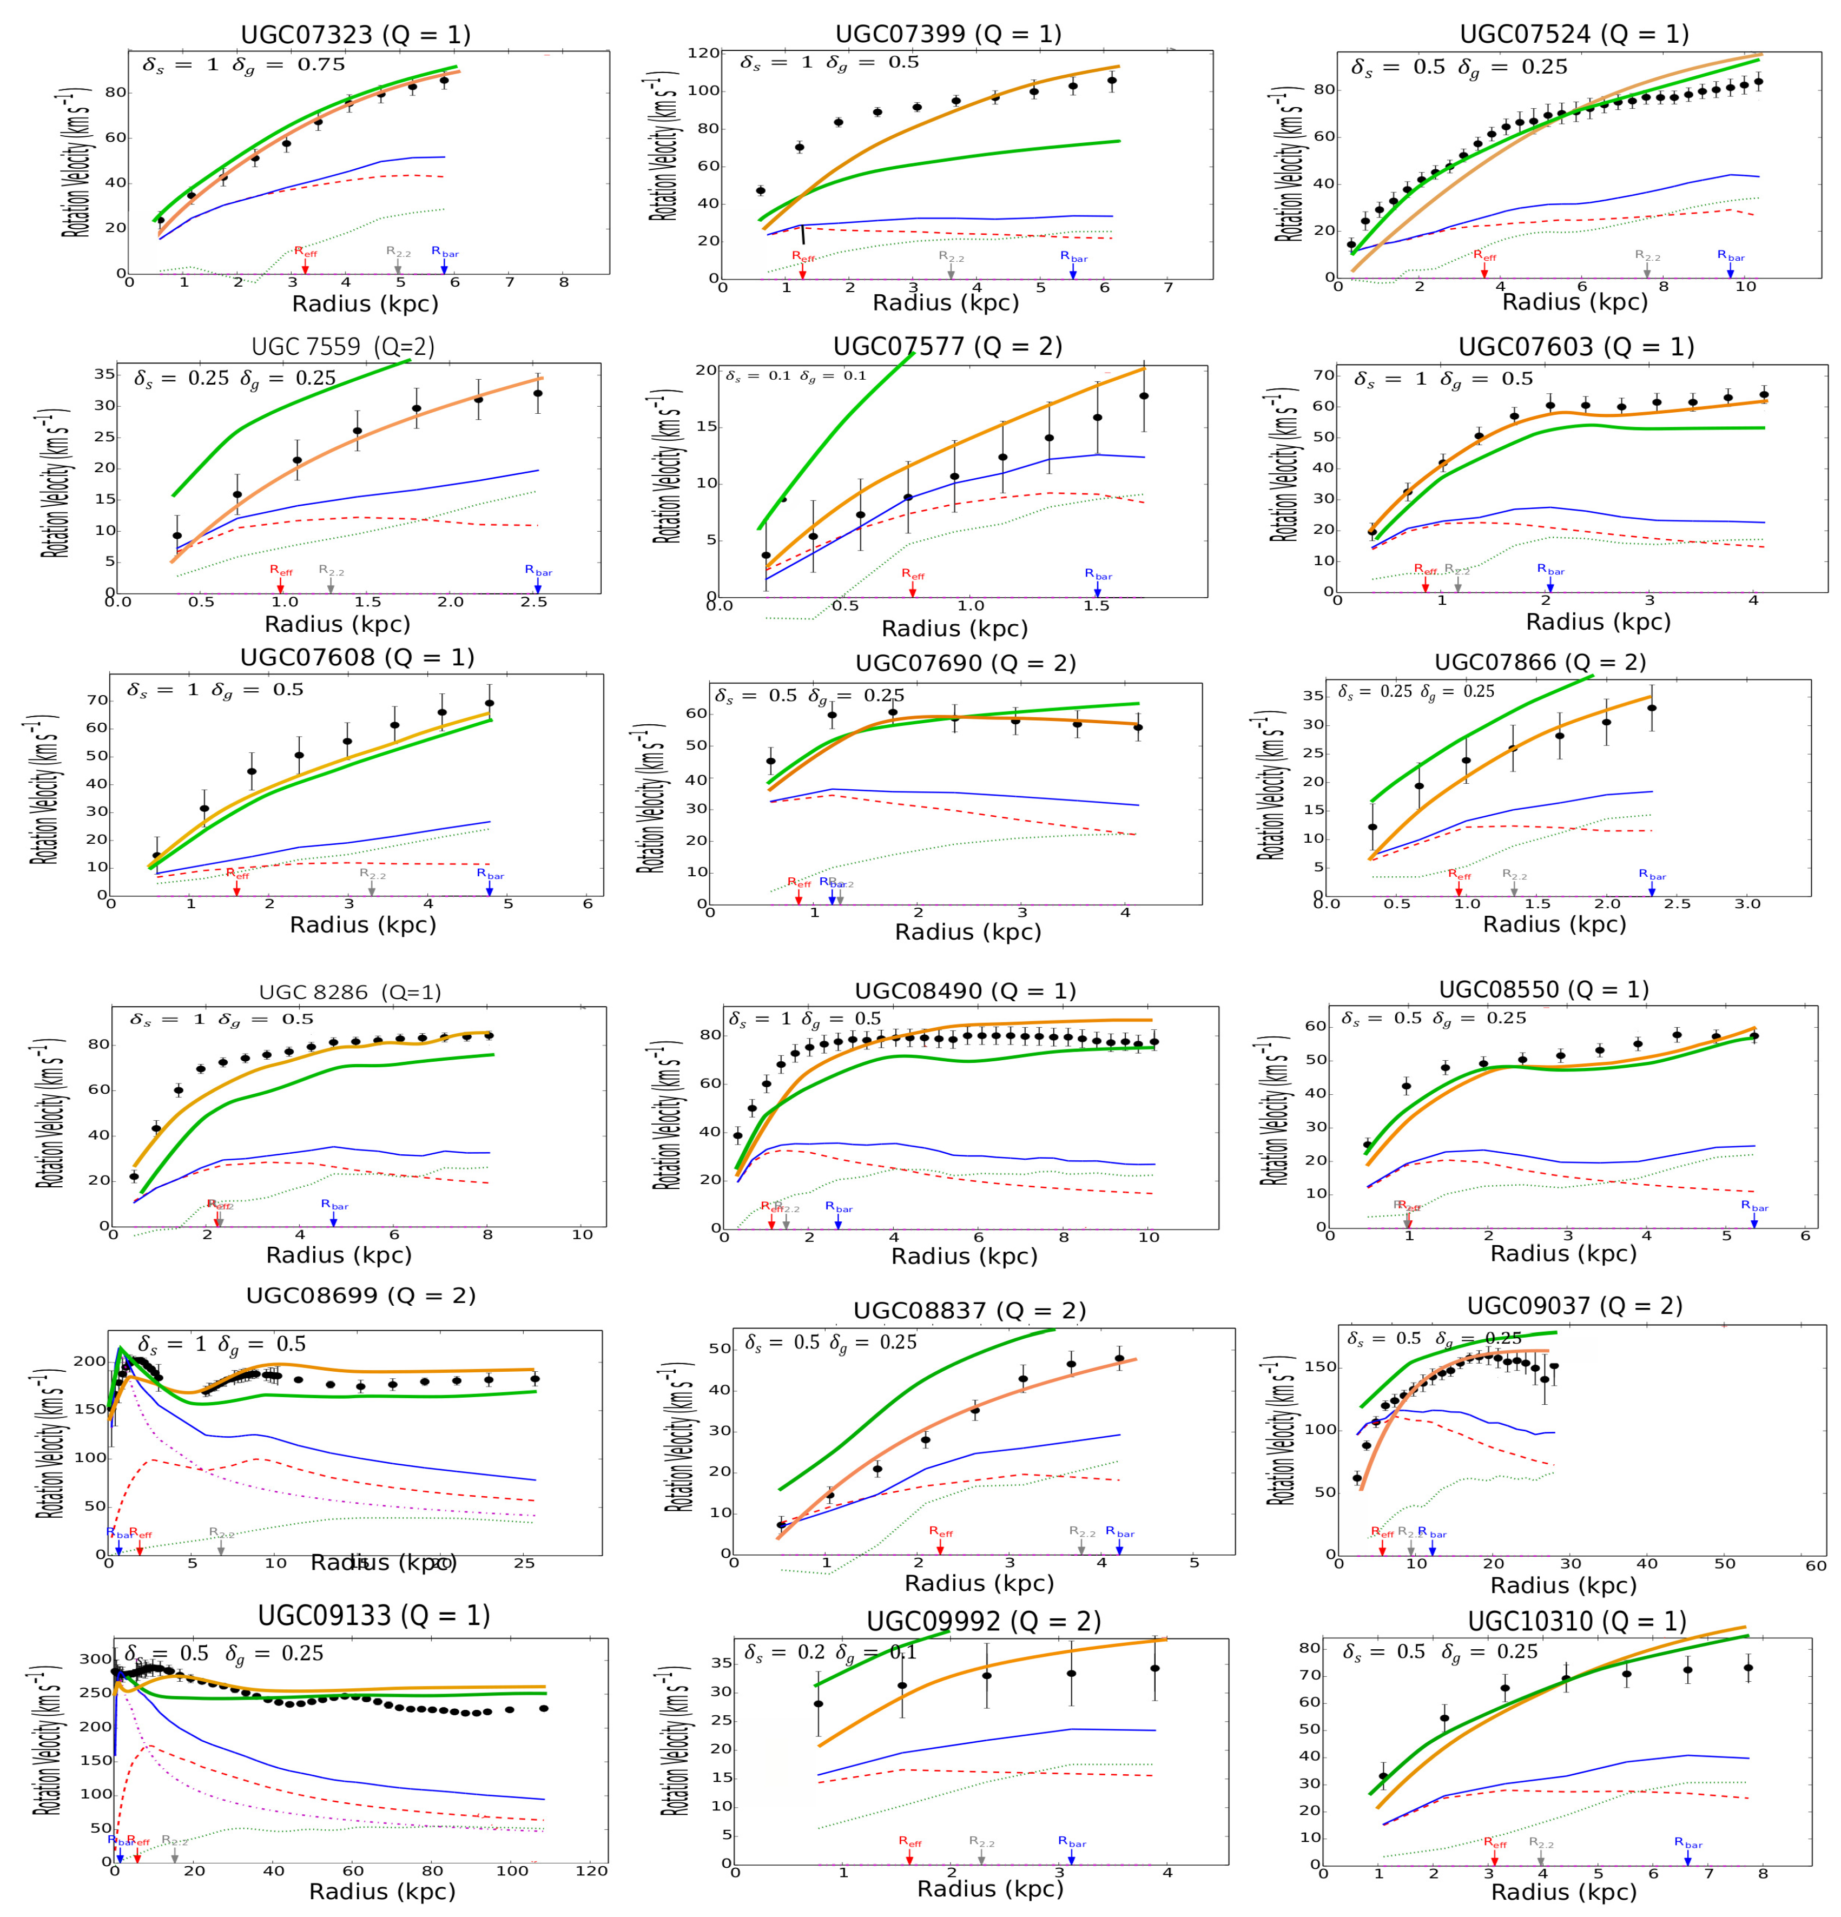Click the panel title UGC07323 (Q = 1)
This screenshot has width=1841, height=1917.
click(x=356, y=35)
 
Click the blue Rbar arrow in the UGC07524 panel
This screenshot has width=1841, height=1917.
click(x=1730, y=269)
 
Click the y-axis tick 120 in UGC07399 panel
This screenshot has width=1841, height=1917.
click(x=702, y=53)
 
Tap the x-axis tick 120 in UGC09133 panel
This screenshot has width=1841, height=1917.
click(x=591, y=1870)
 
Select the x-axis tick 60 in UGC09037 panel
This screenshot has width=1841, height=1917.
click(x=1814, y=1565)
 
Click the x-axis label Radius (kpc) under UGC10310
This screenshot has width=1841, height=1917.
click(x=1562, y=1892)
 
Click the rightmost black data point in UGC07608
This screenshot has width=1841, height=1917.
click(x=489, y=702)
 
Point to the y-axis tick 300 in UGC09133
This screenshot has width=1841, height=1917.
click(x=96, y=1659)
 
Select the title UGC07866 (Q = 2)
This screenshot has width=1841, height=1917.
click(x=1540, y=662)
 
